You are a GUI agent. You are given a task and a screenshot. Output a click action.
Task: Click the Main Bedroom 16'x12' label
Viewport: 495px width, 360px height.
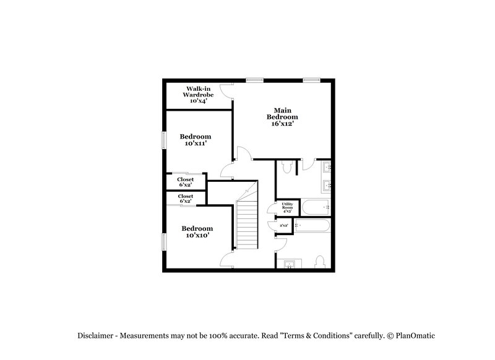click(282, 116)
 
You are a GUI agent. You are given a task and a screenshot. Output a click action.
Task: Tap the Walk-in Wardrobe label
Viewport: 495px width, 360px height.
click(198, 95)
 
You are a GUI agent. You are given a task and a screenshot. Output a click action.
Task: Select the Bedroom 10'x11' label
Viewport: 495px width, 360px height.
click(195, 140)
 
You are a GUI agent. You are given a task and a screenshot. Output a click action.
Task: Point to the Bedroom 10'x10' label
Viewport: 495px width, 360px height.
click(197, 231)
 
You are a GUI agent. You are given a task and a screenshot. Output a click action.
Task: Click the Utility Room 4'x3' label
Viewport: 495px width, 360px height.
click(287, 207)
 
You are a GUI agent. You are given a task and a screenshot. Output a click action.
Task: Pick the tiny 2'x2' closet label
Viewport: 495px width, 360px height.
click(284, 226)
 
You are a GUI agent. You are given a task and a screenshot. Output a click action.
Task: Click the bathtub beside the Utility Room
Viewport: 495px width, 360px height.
click(316, 207)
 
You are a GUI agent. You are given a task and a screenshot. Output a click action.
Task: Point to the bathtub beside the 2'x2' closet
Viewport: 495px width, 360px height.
click(313, 226)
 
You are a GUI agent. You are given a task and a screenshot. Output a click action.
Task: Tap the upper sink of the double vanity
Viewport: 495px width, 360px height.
click(327, 167)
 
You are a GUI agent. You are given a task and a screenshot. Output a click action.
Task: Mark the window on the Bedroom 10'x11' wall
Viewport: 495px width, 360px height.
click(164, 140)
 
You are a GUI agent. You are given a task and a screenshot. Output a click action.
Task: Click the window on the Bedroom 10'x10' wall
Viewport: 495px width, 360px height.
click(164, 241)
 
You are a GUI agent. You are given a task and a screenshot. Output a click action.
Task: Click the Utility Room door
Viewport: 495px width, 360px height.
click(272, 209)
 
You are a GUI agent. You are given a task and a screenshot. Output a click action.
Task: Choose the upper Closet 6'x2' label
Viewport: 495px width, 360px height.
click(186, 182)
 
